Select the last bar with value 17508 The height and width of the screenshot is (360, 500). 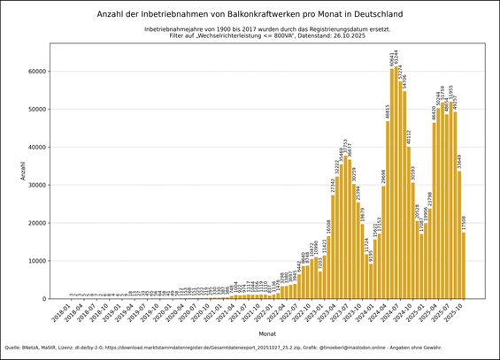[464, 265]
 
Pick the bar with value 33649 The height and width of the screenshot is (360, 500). [458, 234]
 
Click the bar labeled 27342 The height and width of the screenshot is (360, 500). [333, 247]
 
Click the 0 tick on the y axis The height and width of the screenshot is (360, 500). [44, 299]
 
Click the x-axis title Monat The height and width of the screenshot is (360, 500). [267, 333]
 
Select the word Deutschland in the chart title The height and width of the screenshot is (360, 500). [372, 14]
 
